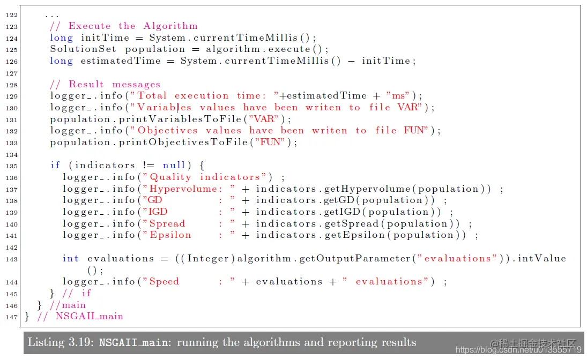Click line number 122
pyautogui.click(x=12, y=15)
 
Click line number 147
pyautogui.click(x=12, y=317)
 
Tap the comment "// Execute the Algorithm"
pyautogui.click(x=124, y=26)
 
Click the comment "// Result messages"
pyautogui.click(x=105, y=85)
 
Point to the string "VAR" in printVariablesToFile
pyautogui.click(x=267, y=119)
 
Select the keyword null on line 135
pyautogui.click(x=174, y=166)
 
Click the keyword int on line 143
pyautogui.click(x=71, y=259)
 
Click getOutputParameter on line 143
pyautogui.click(x=354, y=259)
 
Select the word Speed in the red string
pyautogui.click(x=164, y=282)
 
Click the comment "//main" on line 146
pyautogui.click(x=67, y=305)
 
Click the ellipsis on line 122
pyautogui.click(x=53, y=15)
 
